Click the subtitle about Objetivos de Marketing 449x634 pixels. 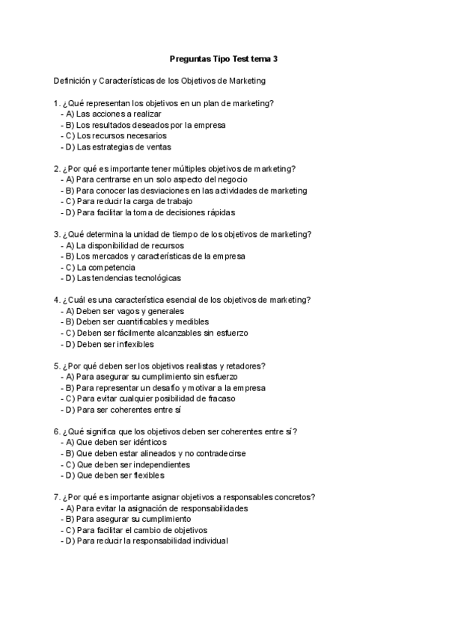159,80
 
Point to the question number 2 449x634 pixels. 57,169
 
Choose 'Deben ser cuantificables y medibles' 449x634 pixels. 138,322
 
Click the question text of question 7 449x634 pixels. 188,497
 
